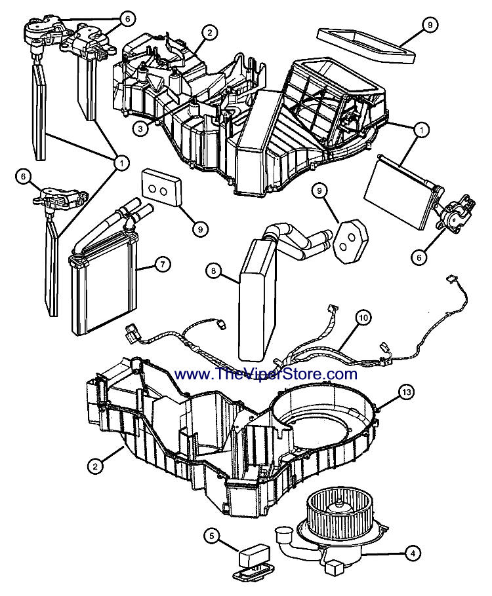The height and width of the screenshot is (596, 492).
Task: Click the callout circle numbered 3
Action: [140, 129]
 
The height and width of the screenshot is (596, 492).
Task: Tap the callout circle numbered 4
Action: [412, 554]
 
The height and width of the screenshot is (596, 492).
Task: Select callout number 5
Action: [211, 535]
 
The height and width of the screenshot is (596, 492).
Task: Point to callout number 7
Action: [163, 265]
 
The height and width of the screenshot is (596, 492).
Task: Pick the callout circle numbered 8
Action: [212, 269]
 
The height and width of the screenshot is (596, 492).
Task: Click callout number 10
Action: [363, 319]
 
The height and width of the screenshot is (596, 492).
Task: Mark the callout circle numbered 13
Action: [407, 392]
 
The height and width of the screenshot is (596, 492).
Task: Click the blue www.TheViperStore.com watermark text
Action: [266, 375]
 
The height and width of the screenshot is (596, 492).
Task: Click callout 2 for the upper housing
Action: [209, 31]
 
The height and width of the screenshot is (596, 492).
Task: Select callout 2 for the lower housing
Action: [96, 466]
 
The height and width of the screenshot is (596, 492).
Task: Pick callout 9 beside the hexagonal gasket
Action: [319, 191]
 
